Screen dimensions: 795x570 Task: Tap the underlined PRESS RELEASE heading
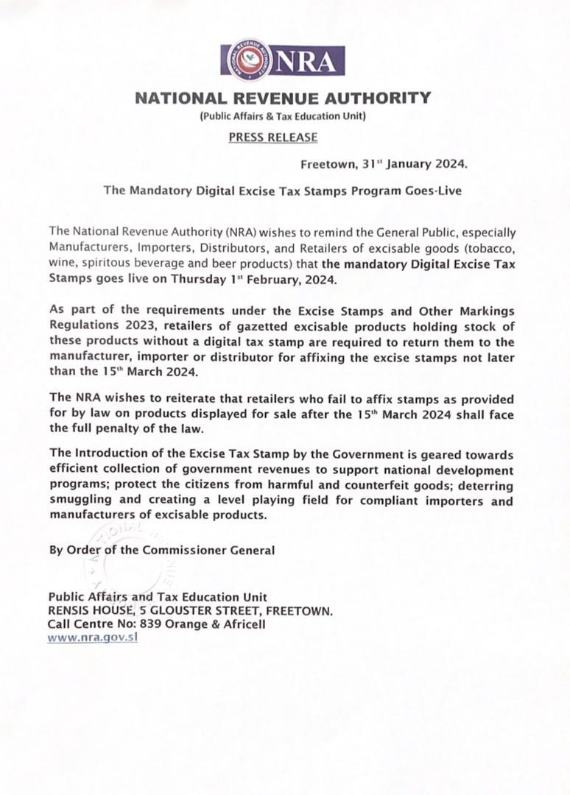pos(273,137)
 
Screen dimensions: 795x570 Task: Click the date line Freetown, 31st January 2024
pos(384,164)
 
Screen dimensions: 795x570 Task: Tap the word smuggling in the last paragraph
pos(80,501)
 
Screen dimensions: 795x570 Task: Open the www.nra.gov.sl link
pos(93,637)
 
